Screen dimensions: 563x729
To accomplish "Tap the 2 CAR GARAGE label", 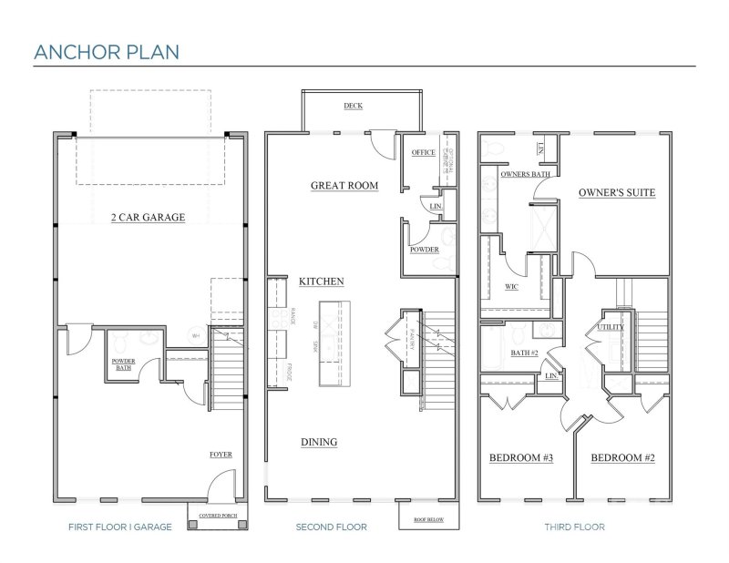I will click(149, 218).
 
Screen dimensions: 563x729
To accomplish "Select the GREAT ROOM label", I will click(344, 186).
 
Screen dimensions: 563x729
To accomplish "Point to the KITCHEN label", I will click(322, 282).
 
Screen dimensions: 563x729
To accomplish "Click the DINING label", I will click(319, 443).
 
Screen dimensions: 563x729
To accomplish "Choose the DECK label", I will click(353, 107).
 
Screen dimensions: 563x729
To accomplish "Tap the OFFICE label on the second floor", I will click(423, 153).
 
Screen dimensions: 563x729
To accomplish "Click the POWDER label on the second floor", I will click(425, 250).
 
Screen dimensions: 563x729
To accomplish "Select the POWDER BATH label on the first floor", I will click(124, 365).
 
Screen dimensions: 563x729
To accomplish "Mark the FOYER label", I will click(221, 454).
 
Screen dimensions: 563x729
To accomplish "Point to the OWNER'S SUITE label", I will click(616, 193).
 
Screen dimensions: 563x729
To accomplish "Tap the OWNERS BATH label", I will click(523, 174).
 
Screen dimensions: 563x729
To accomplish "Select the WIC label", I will click(512, 286).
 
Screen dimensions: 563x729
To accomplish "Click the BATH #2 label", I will click(524, 353).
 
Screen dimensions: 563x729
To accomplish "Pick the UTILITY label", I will click(610, 328).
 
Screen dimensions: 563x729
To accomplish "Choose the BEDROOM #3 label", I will click(522, 457).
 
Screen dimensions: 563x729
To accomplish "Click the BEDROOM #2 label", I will click(623, 457).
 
